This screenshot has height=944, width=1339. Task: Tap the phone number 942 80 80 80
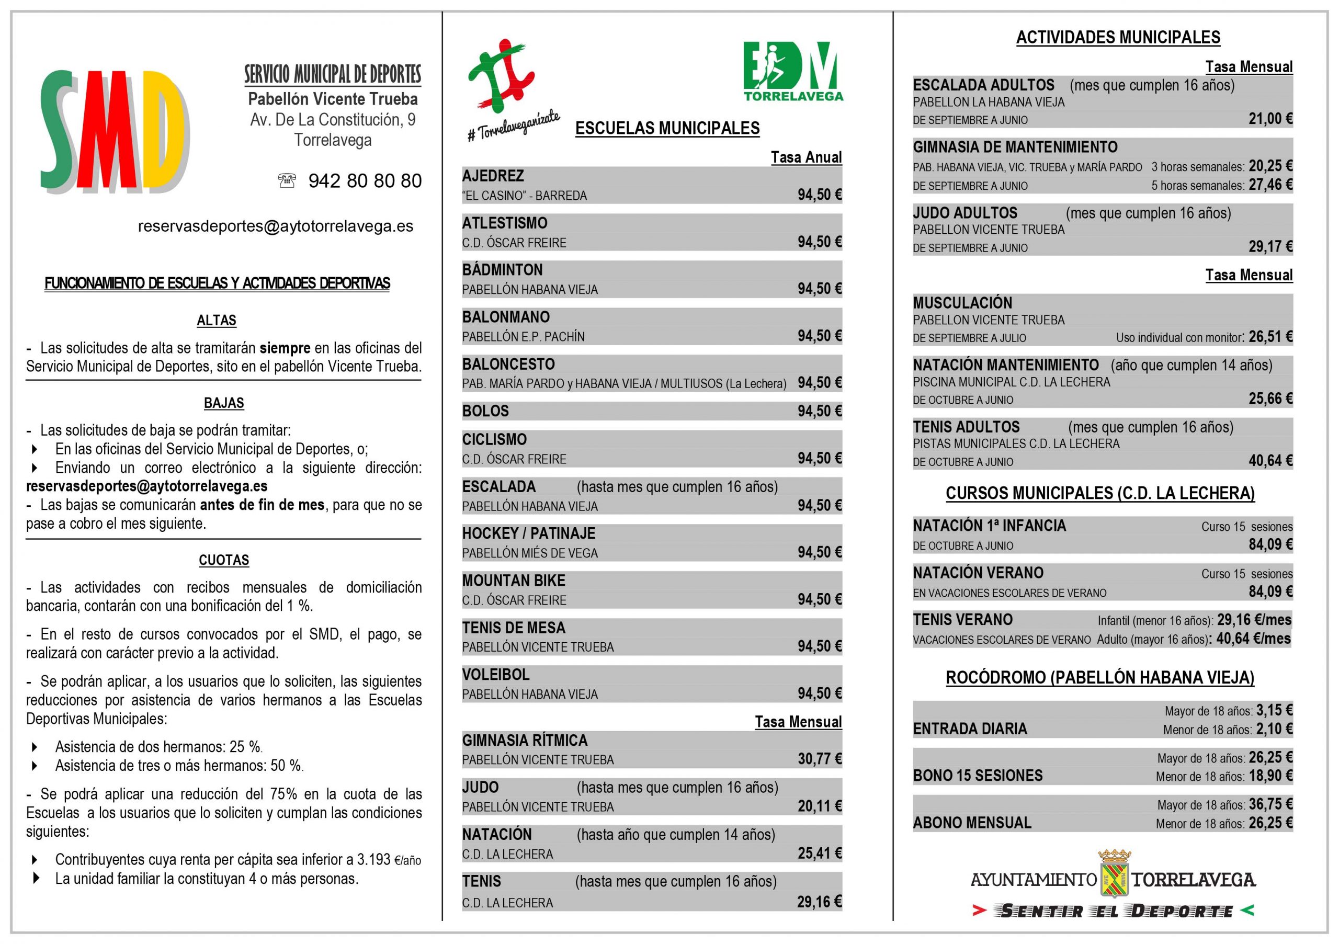pos(365,181)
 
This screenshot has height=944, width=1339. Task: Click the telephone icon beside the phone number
pos(286,181)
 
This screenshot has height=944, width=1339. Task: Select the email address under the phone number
pos(275,226)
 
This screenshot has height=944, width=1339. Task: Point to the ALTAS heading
pos(217,320)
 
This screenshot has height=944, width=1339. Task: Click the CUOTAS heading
pos(223,560)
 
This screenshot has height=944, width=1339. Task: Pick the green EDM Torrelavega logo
pos(792,71)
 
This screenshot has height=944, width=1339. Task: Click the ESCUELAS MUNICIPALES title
pos(667,128)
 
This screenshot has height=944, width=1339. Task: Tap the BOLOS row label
pos(485,411)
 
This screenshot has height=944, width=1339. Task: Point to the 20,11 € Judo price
pos(820,806)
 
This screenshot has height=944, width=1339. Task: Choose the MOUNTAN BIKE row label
pos(514,581)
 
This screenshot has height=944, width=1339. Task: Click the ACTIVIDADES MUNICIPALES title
pos(1118,37)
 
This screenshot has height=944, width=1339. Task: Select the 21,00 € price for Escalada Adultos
pos(1270,119)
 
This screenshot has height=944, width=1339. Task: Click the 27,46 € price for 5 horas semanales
pos(1270,185)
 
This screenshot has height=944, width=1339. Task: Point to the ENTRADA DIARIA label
pos(970,729)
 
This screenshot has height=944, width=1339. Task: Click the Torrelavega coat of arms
pos(1114,874)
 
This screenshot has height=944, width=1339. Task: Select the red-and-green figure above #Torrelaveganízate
pos(501,76)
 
